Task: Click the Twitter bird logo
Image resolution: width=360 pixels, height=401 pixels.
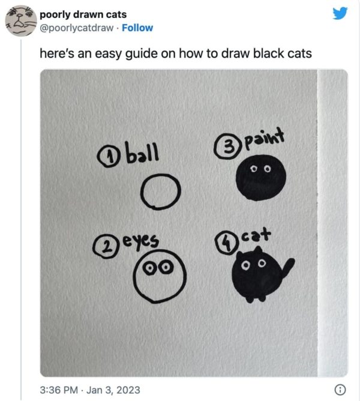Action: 340,13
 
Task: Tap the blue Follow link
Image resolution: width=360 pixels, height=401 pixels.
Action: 137,28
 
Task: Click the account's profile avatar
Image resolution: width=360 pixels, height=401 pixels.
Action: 21,21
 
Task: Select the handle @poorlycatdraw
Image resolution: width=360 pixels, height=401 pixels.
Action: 76,28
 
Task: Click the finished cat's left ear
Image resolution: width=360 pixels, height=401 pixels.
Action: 240,255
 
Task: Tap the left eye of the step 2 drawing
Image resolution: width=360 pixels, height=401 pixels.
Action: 150,268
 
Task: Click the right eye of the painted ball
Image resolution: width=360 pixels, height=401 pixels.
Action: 267,169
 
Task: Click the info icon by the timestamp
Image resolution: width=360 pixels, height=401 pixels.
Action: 340,390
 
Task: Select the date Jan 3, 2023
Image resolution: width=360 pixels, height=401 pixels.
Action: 113,390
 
